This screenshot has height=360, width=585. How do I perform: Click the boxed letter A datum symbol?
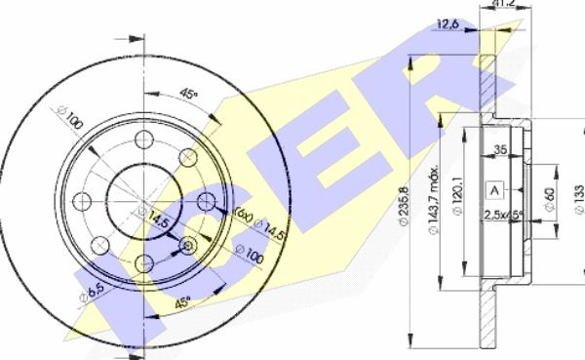(x=495, y=189)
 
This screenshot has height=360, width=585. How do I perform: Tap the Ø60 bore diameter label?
(x=549, y=200)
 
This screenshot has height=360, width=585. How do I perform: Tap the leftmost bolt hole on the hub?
(x=83, y=200)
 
